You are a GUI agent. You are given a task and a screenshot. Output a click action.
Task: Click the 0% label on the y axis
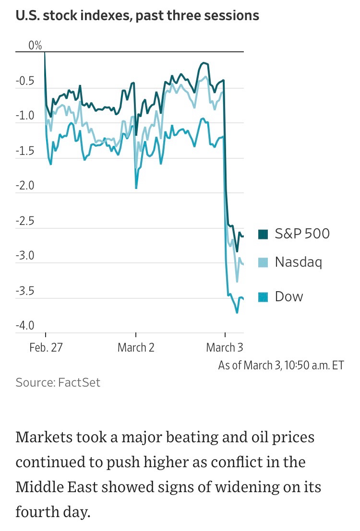click(x=35, y=46)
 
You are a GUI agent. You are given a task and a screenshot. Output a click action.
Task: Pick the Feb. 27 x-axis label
click(x=46, y=347)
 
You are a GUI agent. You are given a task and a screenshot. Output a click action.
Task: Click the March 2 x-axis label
click(x=136, y=347)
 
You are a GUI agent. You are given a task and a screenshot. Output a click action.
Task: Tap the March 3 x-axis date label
click(x=225, y=347)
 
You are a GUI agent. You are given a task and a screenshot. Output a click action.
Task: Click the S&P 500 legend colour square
click(x=264, y=234)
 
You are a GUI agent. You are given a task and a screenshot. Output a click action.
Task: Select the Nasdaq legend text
click(x=298, y=262)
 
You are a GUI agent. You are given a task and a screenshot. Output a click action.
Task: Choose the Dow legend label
click(x=289, y=296)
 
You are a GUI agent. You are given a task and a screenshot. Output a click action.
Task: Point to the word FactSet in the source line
click(x=79, y=382)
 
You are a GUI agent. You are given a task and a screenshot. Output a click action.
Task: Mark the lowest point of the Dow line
click(x=237, y=313)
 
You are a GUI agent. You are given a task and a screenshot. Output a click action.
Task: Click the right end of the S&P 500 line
click(x=243, y=236)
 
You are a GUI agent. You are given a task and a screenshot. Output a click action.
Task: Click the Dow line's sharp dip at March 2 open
click(x=136, y=188)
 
